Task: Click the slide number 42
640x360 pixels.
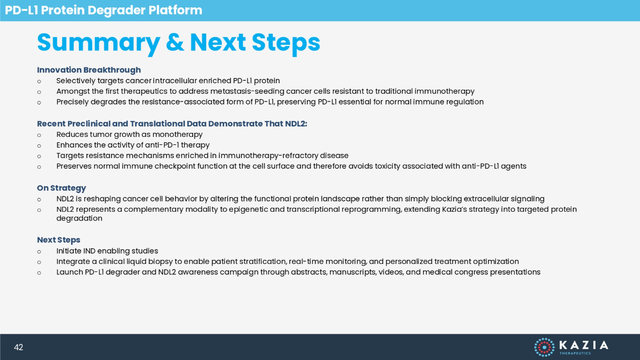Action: coord(19,347)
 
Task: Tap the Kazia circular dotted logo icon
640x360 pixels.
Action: coord(544,347)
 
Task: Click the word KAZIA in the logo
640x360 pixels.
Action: coord(584,345)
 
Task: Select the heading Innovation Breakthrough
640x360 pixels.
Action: coord(89,70)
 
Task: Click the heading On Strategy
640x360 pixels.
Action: coord(62,188)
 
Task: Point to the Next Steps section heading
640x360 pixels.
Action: coord(59,240)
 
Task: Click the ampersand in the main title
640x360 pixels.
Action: coord(175,42)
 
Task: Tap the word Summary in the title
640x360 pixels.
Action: coord(98,43)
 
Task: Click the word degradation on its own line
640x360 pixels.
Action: coord(79,218)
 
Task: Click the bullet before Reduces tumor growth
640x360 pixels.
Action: coord(39,135)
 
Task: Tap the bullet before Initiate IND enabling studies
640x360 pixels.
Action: coord(39,252)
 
